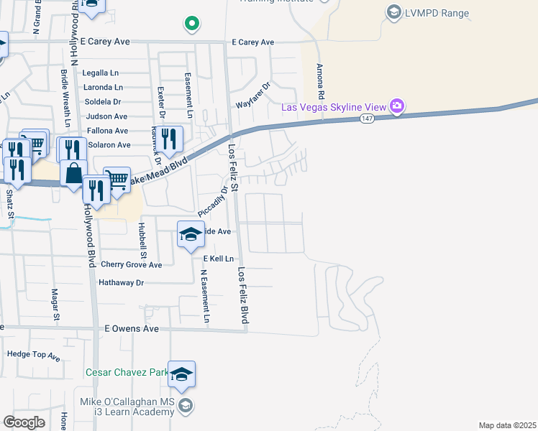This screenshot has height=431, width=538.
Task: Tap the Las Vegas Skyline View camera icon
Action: click(396, 107)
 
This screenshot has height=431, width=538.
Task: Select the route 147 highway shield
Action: click(367, 119)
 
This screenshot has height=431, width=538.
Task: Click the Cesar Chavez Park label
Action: click(127, 372)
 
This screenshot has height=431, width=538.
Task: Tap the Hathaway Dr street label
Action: click(122, 283)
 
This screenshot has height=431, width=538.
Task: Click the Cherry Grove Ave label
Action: click(131, 264)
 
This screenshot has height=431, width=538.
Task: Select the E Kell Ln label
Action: click(219, 258)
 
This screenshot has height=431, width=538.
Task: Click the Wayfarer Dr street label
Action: click(253, 95)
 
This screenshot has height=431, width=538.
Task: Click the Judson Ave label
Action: click(106, 116)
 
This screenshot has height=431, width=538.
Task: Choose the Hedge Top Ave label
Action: click(35, 354)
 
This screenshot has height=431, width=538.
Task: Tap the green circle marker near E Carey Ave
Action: click(191, 24)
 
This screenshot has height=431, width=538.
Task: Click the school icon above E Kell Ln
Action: click(190, 234)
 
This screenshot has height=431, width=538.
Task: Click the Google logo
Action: click(24, 422)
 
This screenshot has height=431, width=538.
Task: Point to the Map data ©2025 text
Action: click(507, 425)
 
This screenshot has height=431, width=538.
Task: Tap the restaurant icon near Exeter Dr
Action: click(169, 138)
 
